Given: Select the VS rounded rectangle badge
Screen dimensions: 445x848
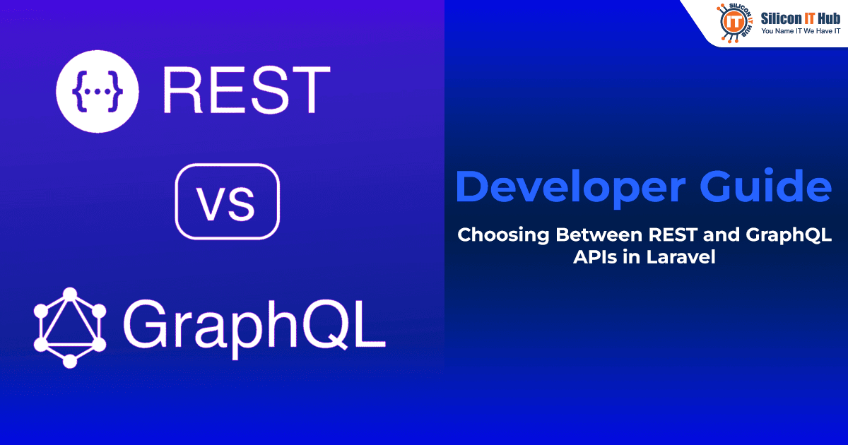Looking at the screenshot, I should coord(227,201).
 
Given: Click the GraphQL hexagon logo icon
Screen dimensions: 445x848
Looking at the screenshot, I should coord(69,327).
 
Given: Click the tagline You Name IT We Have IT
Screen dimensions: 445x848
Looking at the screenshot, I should coord(801,32).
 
